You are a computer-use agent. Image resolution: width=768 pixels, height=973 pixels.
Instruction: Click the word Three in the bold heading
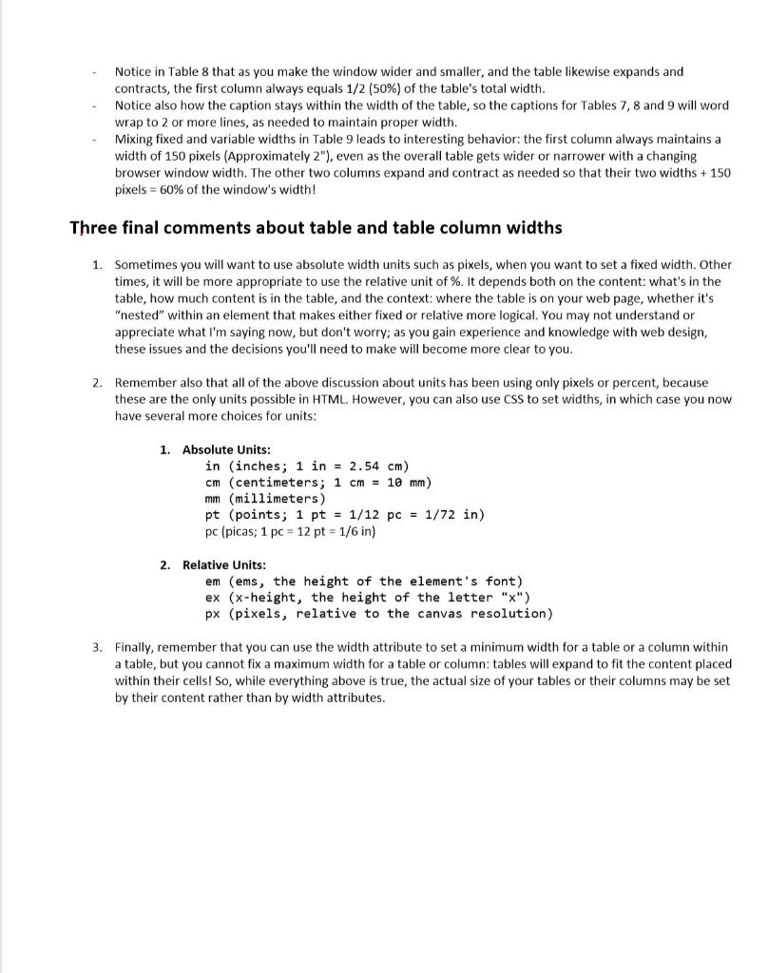pos(92,228)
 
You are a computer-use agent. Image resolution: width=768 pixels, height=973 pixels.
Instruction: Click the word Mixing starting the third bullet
pos(135,139)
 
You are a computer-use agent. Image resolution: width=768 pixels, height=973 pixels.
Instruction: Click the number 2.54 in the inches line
pos(366,466)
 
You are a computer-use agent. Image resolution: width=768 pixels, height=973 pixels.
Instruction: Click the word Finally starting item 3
pos(138,647)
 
